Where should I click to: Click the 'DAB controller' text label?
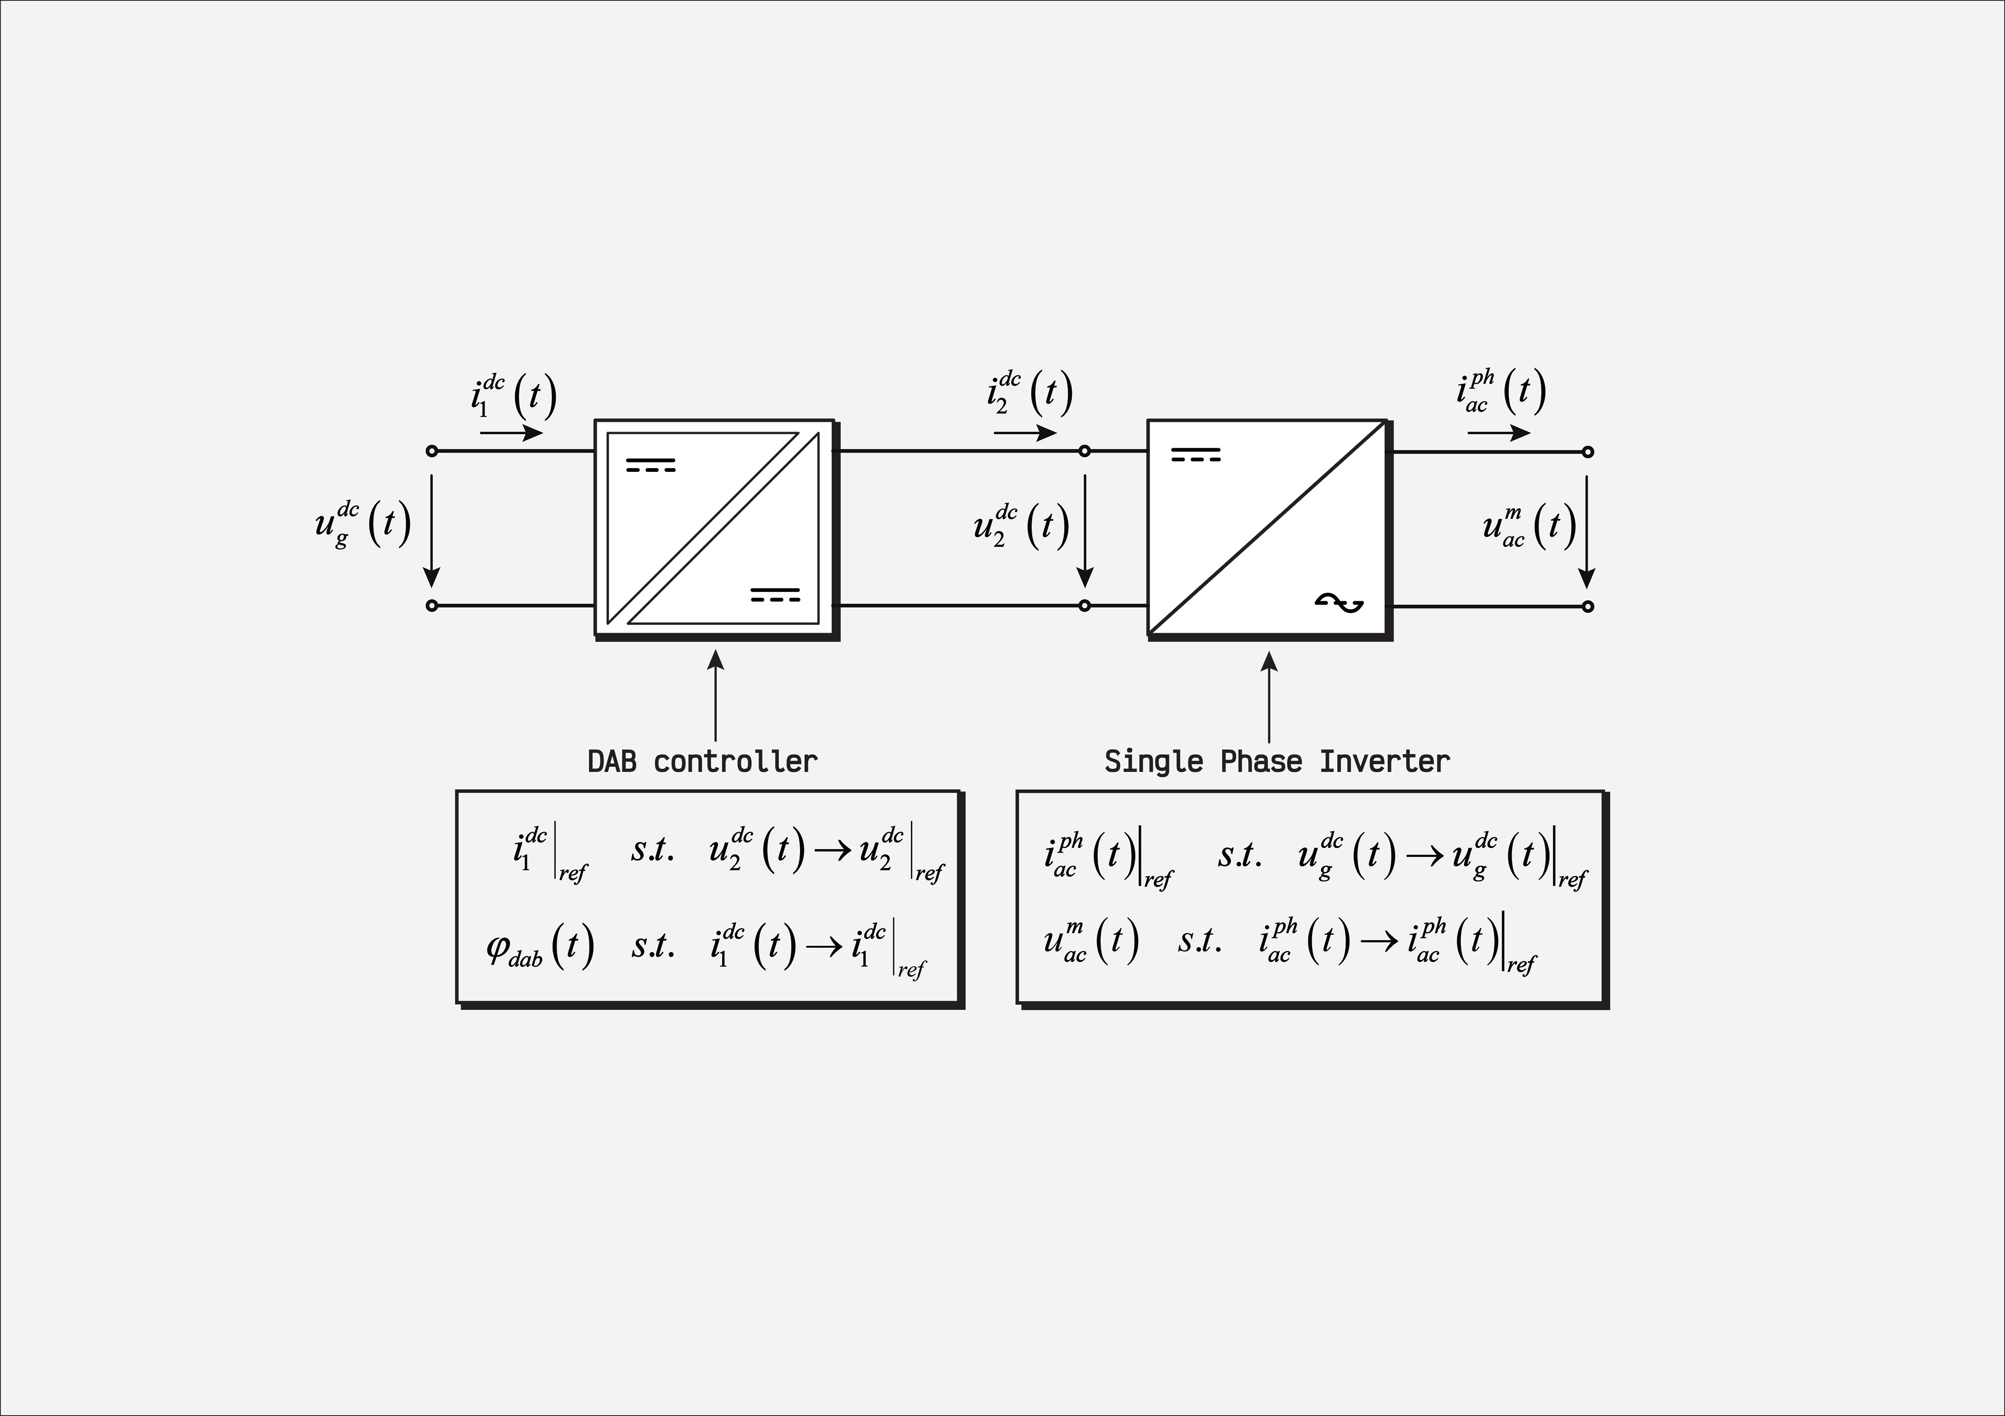pos(702,762)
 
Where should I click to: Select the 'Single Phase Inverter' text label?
pos(1277,762)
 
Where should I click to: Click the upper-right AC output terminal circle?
pos(1588,452)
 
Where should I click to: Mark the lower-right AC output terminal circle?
pos(1588,606)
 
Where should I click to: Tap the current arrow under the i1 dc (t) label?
pos(512,433)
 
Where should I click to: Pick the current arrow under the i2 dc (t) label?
pos(1025,433)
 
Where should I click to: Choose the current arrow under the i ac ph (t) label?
pos(1499,433)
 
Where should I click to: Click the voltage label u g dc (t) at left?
pos(362,524)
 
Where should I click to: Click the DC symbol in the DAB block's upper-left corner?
pos(651,465)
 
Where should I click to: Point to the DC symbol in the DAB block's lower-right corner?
pos(775,594)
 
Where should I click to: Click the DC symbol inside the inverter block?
pos(1196,454)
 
